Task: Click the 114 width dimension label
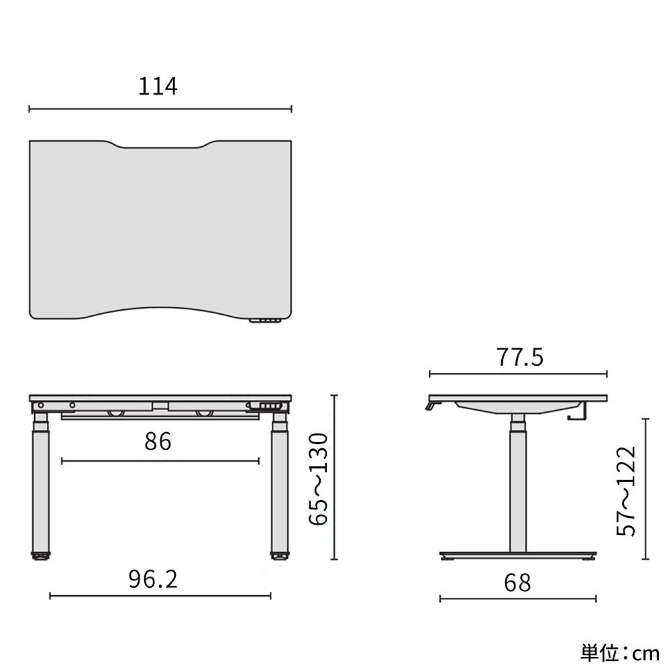(158, 87)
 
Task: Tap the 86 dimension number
(158, 442)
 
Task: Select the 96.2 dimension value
(153, 578)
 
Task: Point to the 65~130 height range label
(320, 478)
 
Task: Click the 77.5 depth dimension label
(519, 358)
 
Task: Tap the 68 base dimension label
(517, 582)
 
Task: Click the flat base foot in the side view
(517, 556)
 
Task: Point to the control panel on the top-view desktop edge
(266, 321)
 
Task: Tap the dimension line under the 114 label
(160, 108)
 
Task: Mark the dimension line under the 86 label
(160, 461)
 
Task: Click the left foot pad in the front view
(41, 556)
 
